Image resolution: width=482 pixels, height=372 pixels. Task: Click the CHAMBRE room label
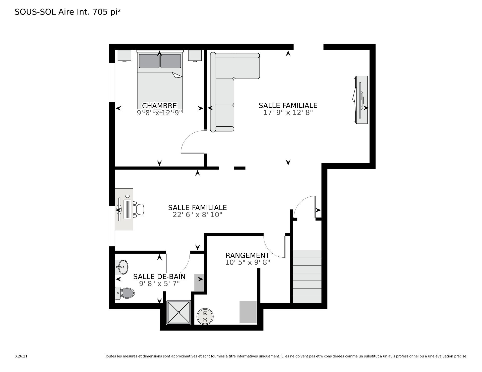coord(159,106)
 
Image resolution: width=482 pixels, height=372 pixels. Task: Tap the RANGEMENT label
coord(248,255)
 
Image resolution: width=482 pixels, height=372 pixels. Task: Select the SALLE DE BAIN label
coord(159,276)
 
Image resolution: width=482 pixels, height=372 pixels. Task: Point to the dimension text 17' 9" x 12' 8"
coord(288,113)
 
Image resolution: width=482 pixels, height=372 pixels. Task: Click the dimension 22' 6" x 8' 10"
coord(198,215)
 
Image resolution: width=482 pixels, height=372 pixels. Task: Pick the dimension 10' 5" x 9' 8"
coord(248,262)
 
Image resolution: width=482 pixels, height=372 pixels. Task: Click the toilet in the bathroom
coord(125,293)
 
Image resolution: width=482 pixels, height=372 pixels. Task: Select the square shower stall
coord(179,312)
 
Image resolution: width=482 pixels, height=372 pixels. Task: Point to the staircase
coord(307,276)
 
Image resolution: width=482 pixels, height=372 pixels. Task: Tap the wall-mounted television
coord(360,100)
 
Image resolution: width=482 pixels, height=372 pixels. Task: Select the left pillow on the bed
coord(149,61)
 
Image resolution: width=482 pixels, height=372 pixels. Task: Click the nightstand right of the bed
coord(195,55)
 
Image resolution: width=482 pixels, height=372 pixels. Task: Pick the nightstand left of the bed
coord(125,55)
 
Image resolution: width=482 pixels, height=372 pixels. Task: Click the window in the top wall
coord(309,47)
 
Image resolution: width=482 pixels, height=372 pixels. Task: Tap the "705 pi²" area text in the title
coord(107,12)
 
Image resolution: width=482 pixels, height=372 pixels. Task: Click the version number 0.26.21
coord(21,356)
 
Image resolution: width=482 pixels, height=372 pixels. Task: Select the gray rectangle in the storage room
coord(248,312)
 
